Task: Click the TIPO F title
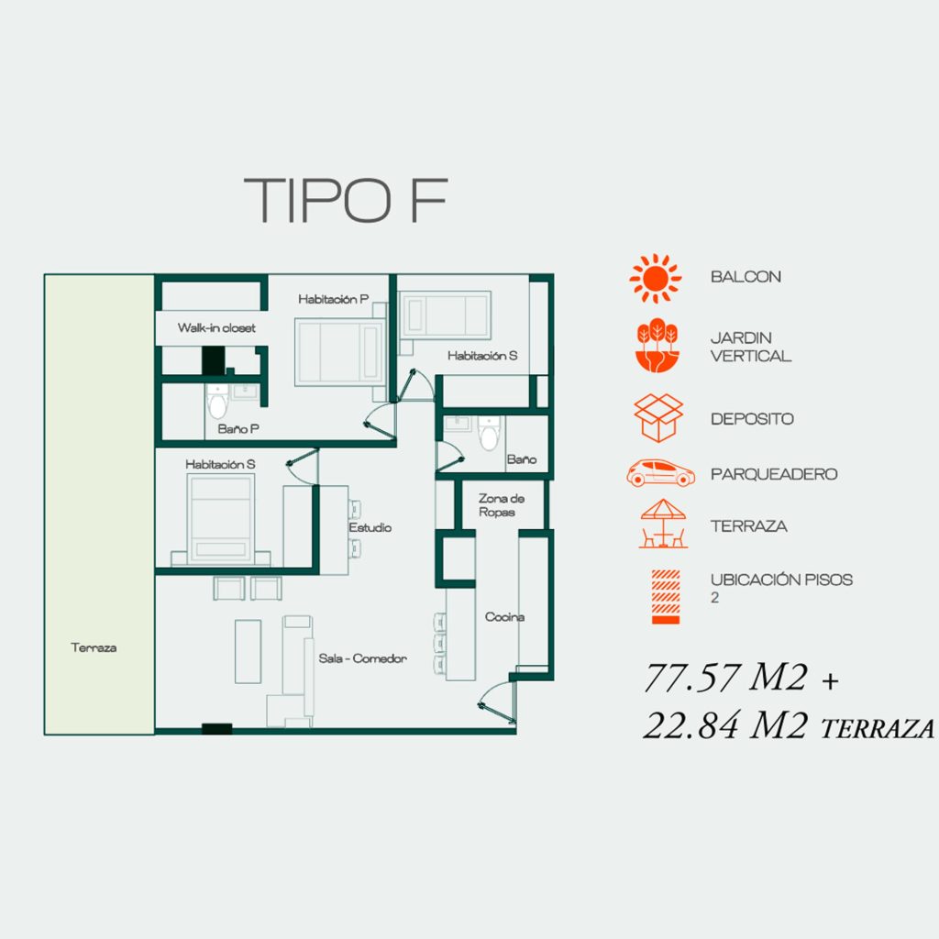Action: coord(346,200)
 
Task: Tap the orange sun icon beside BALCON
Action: coord(655,278)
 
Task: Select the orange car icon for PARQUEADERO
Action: coord(660,473)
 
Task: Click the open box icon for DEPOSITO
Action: coord(658,418)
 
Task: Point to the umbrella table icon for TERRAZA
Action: coord(663,524)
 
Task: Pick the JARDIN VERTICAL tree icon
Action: coord(657,346)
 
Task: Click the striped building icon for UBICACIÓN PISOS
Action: coord(666,596)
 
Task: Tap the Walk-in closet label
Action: coord(216,327)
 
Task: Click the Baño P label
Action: coord(238,429)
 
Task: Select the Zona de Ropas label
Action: coord(502,505)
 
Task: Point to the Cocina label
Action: coord(505,617)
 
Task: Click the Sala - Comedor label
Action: coord(363,658)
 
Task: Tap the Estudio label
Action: coord(370,527)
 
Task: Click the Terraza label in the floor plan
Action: coord(94,647)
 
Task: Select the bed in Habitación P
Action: coord(340,351)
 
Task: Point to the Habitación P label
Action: coord(334,299)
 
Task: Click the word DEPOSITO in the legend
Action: coord(752,418)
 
